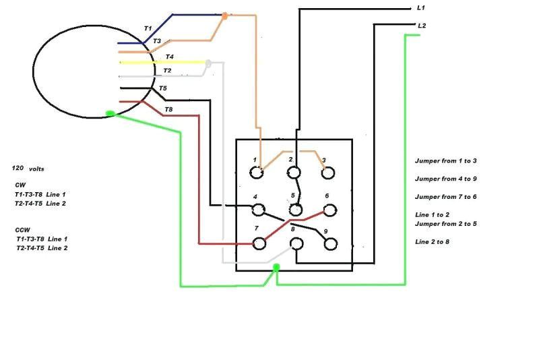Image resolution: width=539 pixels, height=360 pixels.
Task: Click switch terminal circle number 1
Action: click(x=257, y=173)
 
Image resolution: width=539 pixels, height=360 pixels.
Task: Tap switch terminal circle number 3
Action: click(x=328, y=173)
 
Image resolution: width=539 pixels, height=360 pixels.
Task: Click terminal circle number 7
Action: click(x=258, y=243)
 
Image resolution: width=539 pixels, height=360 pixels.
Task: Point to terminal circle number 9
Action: click(x=329, y=243)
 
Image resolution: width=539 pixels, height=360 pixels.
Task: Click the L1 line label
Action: click(x=421, y=7)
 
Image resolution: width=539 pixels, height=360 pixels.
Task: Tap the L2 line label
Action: click(x=422, y=26)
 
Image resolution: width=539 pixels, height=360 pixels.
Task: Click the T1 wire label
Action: click(x=148, y=28)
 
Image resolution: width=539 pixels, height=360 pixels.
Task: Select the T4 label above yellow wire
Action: click(x=169, y=57)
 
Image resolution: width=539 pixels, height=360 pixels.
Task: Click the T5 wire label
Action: click(x=162, y=88)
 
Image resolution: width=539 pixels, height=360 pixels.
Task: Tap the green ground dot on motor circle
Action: click(x=110, y=113)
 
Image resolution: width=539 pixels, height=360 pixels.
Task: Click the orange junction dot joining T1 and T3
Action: click(x=225, y=15)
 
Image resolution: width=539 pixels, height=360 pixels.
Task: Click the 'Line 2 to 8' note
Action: click(x=432, y=241)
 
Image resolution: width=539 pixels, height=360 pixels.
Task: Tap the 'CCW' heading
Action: click(x=22, y=229)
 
